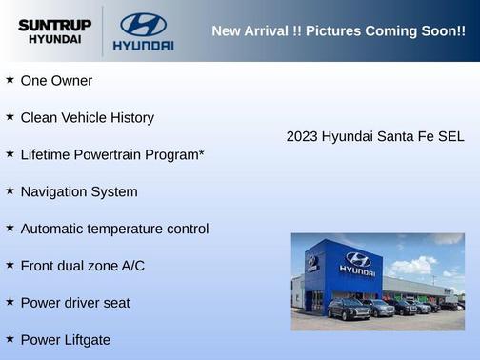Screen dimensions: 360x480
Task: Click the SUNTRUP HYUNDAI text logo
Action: (54, 31)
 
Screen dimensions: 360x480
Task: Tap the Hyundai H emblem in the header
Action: (143, 23)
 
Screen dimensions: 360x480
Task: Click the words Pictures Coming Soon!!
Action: (386, 31)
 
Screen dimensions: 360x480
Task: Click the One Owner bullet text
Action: (56, 81)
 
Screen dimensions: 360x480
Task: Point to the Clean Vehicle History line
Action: (87, 118)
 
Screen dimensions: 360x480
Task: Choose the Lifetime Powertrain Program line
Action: (111, 154)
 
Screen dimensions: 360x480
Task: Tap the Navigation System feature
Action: (79, 191)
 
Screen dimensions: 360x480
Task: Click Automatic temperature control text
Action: (114, 229)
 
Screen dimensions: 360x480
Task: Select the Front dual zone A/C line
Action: (83, 266)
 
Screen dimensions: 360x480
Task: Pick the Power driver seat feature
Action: (75, 303)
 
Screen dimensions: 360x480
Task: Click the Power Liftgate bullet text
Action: (66, 340)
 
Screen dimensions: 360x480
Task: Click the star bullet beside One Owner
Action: (10, 80)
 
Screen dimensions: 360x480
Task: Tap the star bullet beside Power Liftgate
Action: (10, 339)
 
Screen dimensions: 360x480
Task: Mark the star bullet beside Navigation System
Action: (10, 190)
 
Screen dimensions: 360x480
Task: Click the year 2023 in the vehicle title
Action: (302, 136)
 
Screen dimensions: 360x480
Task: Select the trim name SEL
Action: (450, 136)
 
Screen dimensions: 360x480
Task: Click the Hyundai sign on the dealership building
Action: (357, 263)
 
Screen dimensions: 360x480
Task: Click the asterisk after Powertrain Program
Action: (201, 151)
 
